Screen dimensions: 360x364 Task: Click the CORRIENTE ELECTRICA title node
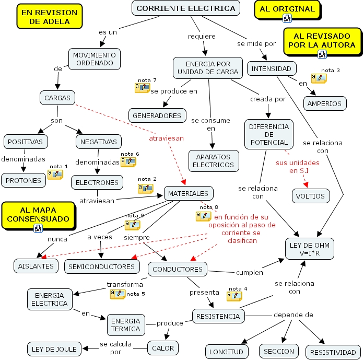[186, 8]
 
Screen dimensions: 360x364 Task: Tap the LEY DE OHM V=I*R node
[310, 249]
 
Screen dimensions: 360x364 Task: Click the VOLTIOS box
[310, 196]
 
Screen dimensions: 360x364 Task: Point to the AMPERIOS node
[324, 103]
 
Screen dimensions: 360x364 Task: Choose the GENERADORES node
[157, 115]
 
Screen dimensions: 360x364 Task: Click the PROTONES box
[24, 181]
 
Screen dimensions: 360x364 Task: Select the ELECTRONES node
[97, 183]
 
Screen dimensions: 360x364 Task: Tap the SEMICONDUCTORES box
[102, 266]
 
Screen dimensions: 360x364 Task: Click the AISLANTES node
[36, 266]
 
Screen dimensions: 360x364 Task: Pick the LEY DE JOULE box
[54, 349]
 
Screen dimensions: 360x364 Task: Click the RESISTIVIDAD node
[333, 352]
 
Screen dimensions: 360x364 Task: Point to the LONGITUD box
[226, 352]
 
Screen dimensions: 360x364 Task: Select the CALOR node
[162, 347]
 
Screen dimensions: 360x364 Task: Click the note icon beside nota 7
[142, 88]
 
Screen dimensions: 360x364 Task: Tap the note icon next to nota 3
[319, 78]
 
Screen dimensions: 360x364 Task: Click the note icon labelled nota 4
[234, 296]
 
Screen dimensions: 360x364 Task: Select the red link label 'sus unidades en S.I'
[298, 166]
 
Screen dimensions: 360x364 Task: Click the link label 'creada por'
[268, 98]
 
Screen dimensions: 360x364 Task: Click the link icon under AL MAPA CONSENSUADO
[38, 227]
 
